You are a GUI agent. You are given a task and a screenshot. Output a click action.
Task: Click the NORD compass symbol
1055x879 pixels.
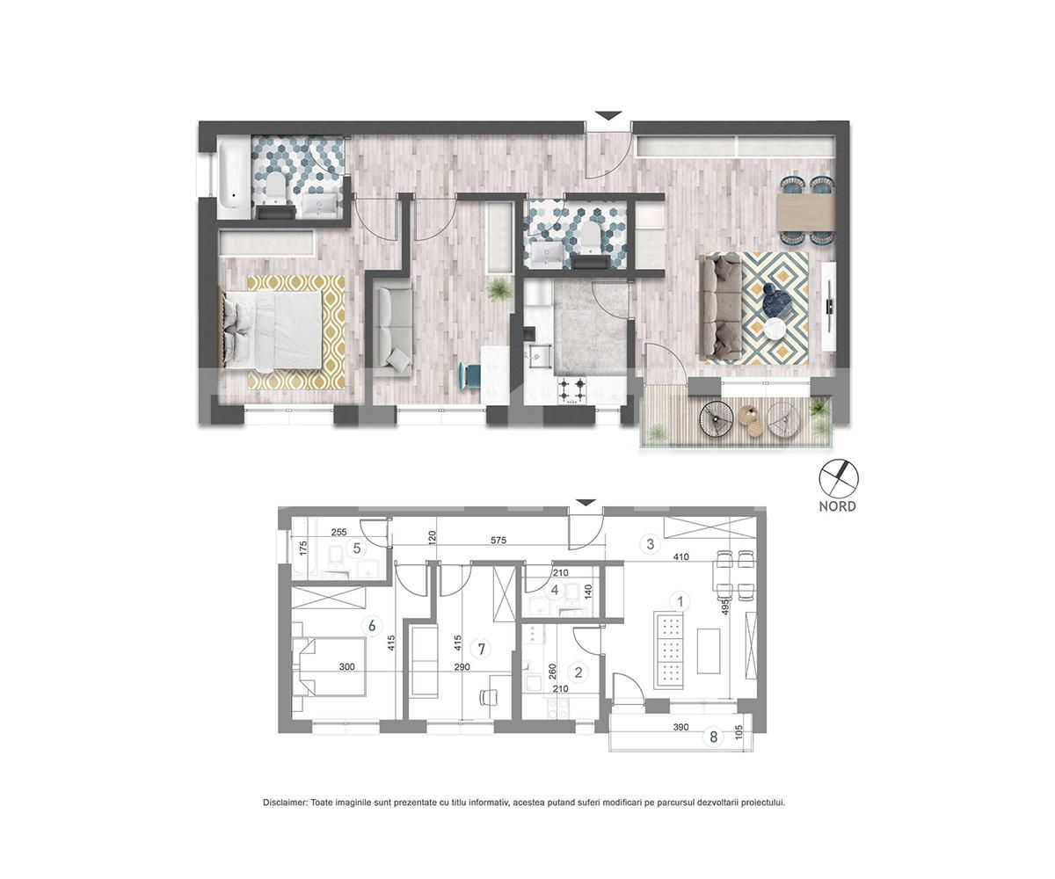(x=839, y=479)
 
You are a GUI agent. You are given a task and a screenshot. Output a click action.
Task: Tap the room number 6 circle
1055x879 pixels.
(x=373, y=625)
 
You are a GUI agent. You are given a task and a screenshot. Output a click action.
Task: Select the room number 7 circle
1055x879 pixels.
(x=480, y=649)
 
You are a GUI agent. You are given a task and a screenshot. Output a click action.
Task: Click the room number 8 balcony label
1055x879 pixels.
(x=714, y=737)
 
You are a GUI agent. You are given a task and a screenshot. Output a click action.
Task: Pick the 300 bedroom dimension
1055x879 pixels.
(x=346, y=667)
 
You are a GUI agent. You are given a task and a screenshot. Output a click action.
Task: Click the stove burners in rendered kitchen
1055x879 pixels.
(x=573, y=388)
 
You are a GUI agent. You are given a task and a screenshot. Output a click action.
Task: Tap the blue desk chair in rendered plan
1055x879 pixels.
(x=469, y=375)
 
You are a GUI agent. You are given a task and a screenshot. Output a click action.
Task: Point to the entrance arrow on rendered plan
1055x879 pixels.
(x=608, y=116)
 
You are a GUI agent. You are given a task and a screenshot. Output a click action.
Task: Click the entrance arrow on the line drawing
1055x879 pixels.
(x=585, y=503)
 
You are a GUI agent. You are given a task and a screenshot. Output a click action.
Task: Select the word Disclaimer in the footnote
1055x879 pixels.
(x=285, y=803)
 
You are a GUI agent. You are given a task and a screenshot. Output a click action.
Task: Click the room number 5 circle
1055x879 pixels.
(x=357, y=548)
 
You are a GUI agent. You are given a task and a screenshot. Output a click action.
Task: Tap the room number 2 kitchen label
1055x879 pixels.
(x=578, y=672)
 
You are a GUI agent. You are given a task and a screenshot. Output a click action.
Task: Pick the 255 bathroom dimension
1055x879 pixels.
(x=339, y=532)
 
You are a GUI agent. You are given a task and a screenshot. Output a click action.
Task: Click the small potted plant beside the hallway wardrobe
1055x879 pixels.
(x=500, y=288)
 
